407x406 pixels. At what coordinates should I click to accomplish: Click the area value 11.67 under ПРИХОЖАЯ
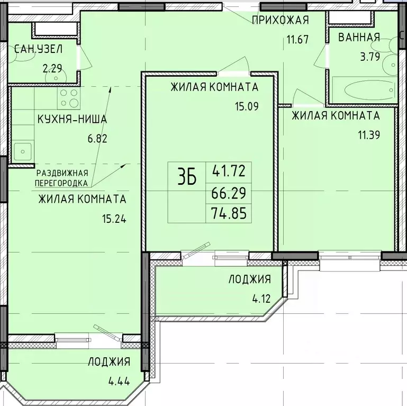tap(297, 39)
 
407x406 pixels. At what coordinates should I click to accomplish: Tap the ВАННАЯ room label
tap(359, 37)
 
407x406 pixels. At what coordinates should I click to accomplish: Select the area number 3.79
tap(370, 56)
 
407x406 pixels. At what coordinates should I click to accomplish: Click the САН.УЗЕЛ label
tap(38, 49)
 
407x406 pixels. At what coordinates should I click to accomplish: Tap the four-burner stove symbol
tap(69, 98)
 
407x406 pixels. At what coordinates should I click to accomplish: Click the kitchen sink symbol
tap(22, 151)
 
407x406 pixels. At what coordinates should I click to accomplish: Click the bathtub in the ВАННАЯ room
tap(364, 88)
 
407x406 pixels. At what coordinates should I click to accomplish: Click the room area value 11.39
tap(369, 134)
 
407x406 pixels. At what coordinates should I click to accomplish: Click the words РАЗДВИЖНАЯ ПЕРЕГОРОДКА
tap(61, 178)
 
